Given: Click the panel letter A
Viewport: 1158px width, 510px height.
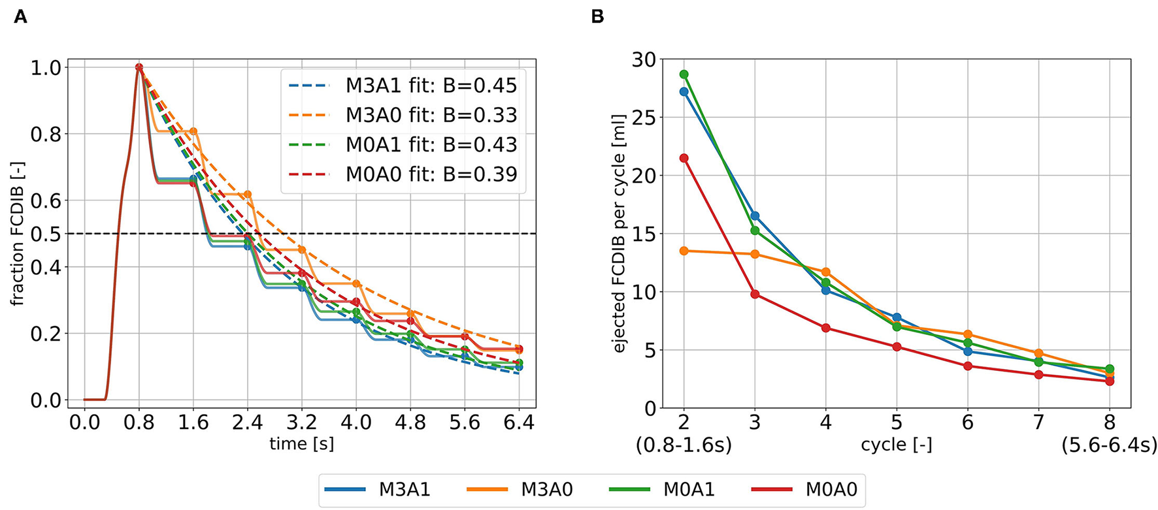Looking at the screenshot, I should click(x=20, y=17).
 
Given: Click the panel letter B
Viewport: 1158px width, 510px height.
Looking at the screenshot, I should click(x=597, y=17).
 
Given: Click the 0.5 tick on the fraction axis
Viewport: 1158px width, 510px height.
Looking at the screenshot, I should click(x=46, y=234).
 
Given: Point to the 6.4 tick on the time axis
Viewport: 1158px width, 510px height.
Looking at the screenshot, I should click(x=519, y=422).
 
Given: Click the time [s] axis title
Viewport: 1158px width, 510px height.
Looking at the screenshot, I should click(x=301, y=445).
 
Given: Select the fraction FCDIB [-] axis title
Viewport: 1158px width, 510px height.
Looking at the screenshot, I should click(x=17, y=234).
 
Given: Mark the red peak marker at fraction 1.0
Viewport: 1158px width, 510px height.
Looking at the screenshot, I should click(x=139, y=67).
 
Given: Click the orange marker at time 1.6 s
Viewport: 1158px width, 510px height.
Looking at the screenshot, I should click(x=193, y=131).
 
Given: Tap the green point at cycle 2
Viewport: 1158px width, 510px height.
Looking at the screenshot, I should click(x=684, y=74).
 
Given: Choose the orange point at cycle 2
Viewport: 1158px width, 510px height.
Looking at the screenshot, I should click(x=684, y=251).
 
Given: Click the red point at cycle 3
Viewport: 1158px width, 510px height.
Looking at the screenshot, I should click(x=755, y=294).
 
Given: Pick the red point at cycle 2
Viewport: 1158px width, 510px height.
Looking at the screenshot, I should click(x=684, y=158).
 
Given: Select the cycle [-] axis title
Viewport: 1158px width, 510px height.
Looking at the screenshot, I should click(x=896, y=445).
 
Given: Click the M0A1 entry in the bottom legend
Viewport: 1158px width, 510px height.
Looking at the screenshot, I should click(x=689, y=489).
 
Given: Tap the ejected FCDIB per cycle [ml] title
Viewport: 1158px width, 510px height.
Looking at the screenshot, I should click(x=619, y=234).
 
